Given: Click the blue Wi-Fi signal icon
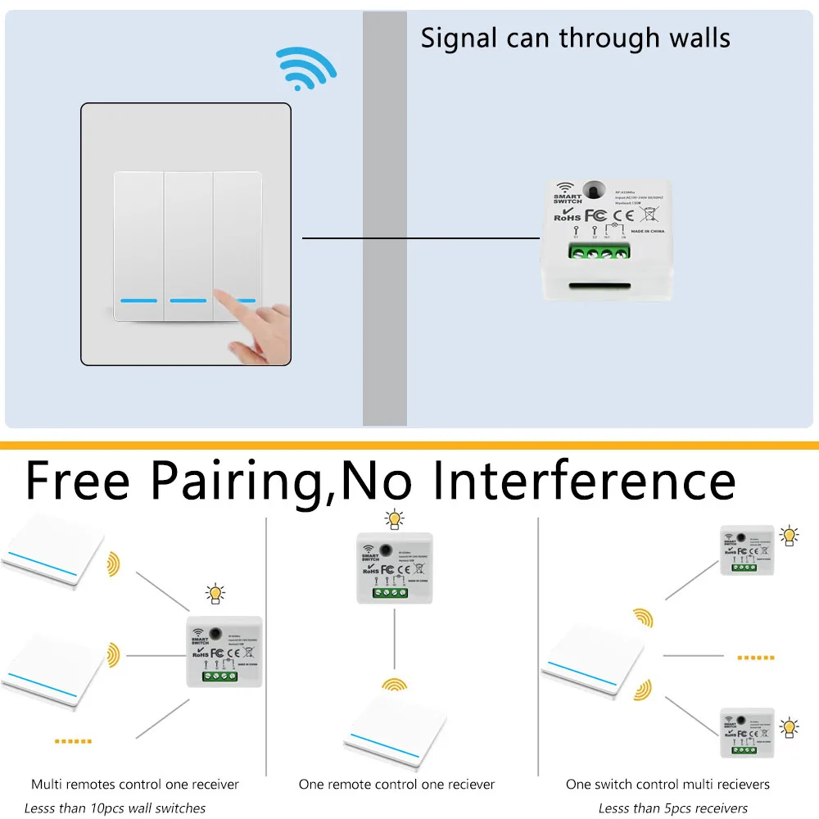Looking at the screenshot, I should (x=305, y=66).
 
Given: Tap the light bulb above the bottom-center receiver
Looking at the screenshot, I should (x=395, y=520).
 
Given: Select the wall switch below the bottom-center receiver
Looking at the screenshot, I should (x=396, y=729).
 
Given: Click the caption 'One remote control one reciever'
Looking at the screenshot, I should (x=396, y=785).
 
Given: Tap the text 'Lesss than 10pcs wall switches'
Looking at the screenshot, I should (x=115, y=808).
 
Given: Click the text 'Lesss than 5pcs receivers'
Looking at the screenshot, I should (x=673, y=808).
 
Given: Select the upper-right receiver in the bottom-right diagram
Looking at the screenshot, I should (x=746, y=550).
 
